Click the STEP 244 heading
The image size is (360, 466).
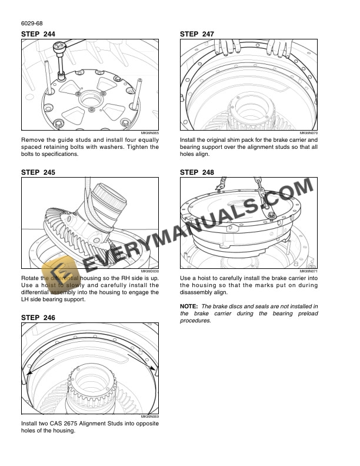[x=38, y=35]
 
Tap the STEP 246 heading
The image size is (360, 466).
[x=38, y=318]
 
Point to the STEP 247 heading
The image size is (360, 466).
[x=197, y=35]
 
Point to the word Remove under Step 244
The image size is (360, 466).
[x=33, y=139]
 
